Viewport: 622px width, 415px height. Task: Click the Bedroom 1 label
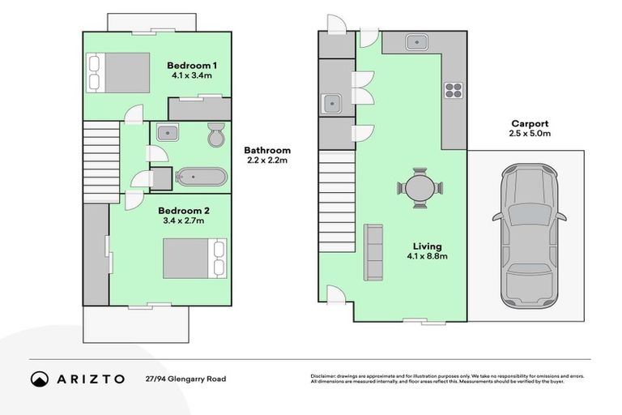pyautogui.click(x=192, y=65)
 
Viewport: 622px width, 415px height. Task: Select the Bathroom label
pyautogui.click(x=267, y=150)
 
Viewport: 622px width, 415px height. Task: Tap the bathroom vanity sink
pyautogui.click(x=169, y=132)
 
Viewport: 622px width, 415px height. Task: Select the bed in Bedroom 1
pyautogui.click(x=118, y=71)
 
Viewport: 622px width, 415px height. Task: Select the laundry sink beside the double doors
pyautogui.click(x=330, y=103)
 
